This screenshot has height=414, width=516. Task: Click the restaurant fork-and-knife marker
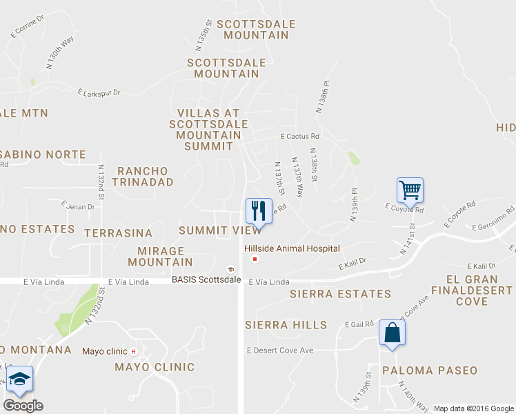tap(258, 211)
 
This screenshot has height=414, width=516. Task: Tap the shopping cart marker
tap(410, 190)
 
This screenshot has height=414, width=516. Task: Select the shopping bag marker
tap(392, 333)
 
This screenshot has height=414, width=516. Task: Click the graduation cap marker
tap(19, 379)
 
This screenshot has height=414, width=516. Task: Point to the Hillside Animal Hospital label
tap(290, 248)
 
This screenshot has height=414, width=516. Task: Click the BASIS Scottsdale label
tap(206, 279)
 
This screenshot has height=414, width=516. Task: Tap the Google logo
tap(23, 406)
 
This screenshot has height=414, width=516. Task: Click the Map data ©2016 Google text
tap(473, 408)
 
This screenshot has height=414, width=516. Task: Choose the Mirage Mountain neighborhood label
tap(161, 257)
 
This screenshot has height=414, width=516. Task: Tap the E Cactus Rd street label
tap(299, 137)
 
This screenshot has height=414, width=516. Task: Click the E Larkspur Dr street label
tap(99, 92)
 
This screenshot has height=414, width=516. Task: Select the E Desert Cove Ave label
tap(280, 351)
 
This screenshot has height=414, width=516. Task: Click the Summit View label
tap(219, 230)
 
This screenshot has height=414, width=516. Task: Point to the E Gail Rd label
tap(359, 324)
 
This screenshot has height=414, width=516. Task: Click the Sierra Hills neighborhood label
tap(286, 325)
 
